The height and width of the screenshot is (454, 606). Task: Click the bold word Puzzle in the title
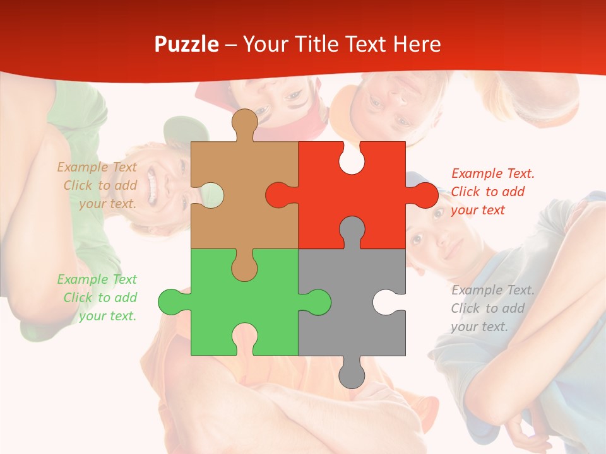pos(187,44)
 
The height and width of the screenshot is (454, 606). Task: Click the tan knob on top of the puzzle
pos(245,122)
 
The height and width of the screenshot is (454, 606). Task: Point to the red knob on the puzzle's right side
pos(424,195)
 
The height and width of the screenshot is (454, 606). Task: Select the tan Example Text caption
pos(98,185)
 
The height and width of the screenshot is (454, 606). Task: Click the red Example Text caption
pos(492,192)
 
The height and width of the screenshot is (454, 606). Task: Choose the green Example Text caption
pos(98,298)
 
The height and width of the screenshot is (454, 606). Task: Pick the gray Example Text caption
pos(492,308)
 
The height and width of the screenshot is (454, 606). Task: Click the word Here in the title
pos(417,44)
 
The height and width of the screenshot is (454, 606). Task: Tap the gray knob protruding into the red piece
pos(352,230)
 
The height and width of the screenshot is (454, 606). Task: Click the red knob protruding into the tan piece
pos(279,195)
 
